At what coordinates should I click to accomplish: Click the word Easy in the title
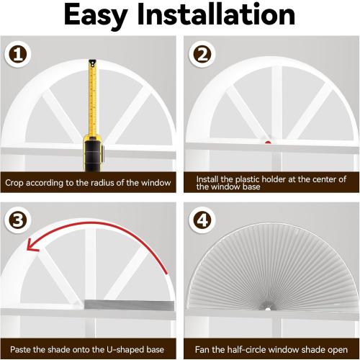pos(96,16)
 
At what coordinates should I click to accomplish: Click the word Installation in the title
pos(216,14)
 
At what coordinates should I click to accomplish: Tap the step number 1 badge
pos(18,54)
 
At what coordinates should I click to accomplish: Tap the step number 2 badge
pos(202,54)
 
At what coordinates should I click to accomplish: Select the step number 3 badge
pos(18,220)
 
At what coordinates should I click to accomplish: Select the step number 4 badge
pos(202,220)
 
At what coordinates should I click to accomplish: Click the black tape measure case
pos(93,153)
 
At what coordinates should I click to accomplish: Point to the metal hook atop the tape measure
pos(92,63)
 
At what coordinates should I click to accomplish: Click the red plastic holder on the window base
pos(268,143)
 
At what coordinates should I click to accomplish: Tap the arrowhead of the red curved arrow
pos(32,246)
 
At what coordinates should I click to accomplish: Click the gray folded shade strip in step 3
pos(129,305)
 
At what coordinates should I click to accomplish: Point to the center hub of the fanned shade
pos(268,309)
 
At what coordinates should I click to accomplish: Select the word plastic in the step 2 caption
pos(247,179)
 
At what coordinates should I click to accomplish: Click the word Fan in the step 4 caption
pos(202,350)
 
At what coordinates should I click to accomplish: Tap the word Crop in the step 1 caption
pos(14,183)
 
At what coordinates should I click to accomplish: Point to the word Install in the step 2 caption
pos(207,179)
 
